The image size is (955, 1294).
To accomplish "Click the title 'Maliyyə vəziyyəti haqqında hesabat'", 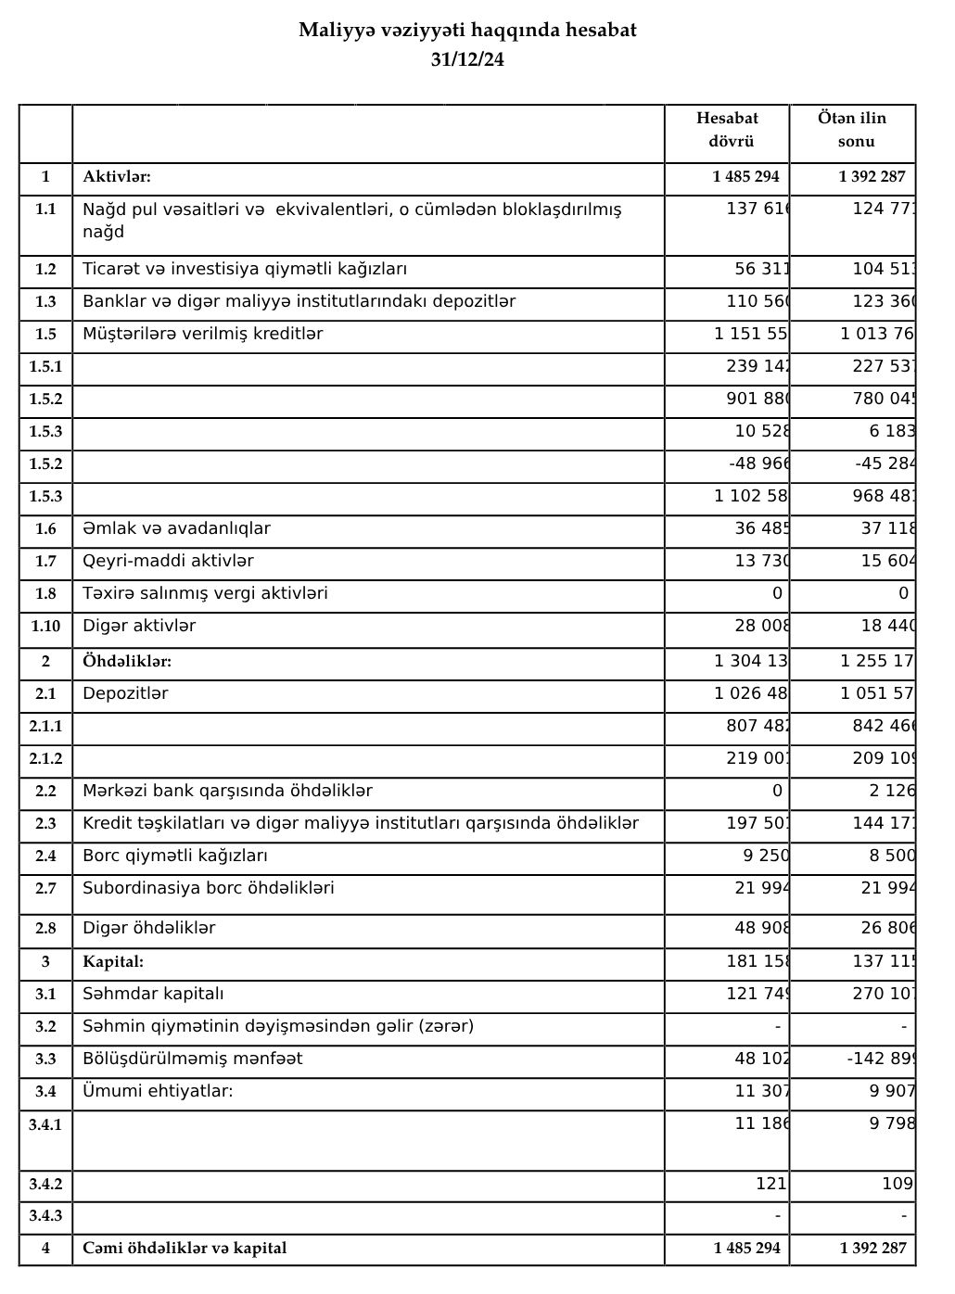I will click(467, 31).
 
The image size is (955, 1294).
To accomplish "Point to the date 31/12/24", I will click(467, 59).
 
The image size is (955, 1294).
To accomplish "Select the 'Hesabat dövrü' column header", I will click(727, 130).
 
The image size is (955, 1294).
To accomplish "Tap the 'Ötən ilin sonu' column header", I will click(852, 130).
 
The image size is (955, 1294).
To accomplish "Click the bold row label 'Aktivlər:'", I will click(117, 177).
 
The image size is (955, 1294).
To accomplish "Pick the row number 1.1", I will click(45, 209).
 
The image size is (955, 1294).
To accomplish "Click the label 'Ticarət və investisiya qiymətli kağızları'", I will click(245, 270).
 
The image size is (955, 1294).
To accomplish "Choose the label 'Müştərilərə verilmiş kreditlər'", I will click(203, 335).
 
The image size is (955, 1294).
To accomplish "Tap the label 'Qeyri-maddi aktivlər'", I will click(168, 562).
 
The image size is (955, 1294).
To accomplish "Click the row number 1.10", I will click(45, 627).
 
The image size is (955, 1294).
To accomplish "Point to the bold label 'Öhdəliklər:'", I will click(127, 662).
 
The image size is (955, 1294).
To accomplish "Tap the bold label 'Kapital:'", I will click(113, 962).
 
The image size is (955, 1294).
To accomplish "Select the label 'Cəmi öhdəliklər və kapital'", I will click(185, 1249).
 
